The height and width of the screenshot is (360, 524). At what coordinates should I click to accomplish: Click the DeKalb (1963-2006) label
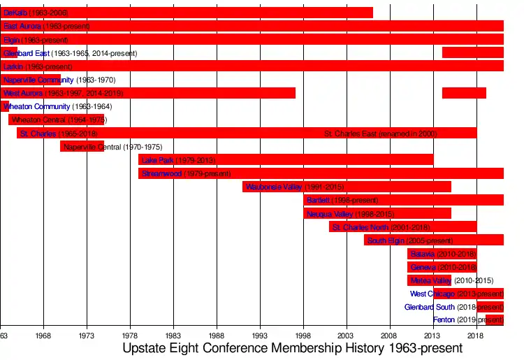(x=36, y=13)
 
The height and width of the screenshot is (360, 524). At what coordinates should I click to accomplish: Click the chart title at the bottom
(x=292, y=348)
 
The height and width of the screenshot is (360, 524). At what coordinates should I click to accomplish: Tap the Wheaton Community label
(x=37, y=107)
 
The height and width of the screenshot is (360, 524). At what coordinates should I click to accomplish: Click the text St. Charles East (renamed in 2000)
(x=381, y=134)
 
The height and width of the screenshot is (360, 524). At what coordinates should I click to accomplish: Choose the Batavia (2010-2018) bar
(x=442, y=254)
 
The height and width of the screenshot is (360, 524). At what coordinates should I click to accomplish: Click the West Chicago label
(x=432, y=294)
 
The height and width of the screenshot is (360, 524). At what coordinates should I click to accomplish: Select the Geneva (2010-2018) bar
(x=442, y=267)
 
